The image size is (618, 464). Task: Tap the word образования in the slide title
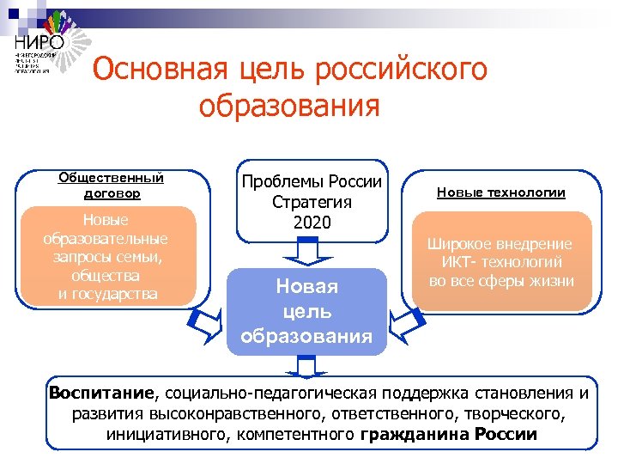click(x=288, y=106)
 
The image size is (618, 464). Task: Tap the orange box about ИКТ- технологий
click(x=501, y=262)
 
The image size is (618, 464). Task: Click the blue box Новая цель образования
click(x=306, y=310)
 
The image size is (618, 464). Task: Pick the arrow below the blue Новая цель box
click(x=306, y=366)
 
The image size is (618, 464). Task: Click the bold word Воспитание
click(x=102, y=394)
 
